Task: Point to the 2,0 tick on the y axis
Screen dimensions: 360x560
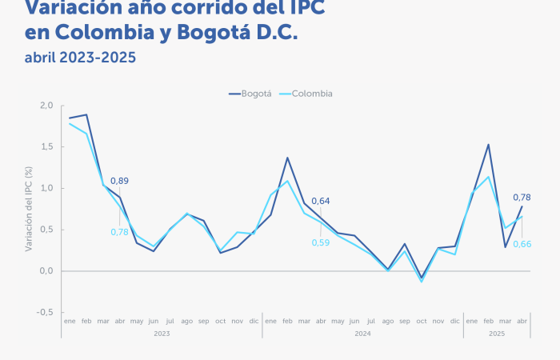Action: click(x=46, y=106)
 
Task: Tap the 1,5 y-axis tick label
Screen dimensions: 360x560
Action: click(x=46, y=147)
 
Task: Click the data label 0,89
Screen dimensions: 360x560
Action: click(x=119, y=181)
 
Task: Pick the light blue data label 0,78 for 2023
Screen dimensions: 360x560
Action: click(x=119, y=232)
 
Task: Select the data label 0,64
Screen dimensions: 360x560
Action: click(x=320, y=201)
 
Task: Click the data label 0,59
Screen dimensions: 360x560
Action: click(x=320, y=242)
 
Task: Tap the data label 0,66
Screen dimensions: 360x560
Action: click(x=522, y=243)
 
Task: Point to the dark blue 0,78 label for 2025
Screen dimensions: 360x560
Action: click(x=522, y=198)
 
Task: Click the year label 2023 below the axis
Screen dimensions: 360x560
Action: click(x=162, y=333)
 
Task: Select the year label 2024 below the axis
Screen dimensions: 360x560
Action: click(x=362, y=333)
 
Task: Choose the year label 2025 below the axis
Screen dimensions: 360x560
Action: click(x=496, y=333)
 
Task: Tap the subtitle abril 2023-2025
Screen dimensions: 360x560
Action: click(x=80, y=58)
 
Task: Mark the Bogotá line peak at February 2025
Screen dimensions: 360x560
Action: click(x=488, y=145)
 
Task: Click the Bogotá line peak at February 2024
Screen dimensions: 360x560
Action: click(x=287, y=158)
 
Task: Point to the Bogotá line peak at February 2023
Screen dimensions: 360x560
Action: click(x=86, y=114)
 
